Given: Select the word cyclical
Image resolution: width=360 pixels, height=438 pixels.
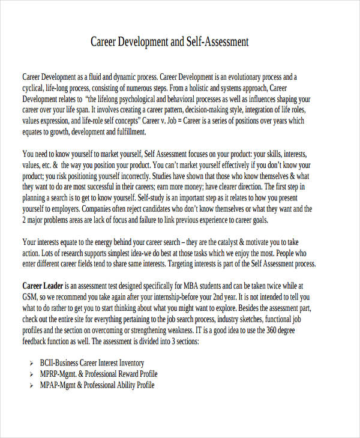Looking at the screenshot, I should click(x=34, y=88).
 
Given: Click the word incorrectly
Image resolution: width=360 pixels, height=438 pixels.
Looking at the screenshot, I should click(x=131, y=176).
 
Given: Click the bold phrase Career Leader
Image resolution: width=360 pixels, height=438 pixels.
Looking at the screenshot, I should click(x=43, y=286).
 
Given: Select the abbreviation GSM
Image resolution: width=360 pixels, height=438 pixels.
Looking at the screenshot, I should click(x=32, y=297).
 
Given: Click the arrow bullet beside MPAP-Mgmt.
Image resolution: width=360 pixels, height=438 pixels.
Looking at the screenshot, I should click(x=31, y=386).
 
